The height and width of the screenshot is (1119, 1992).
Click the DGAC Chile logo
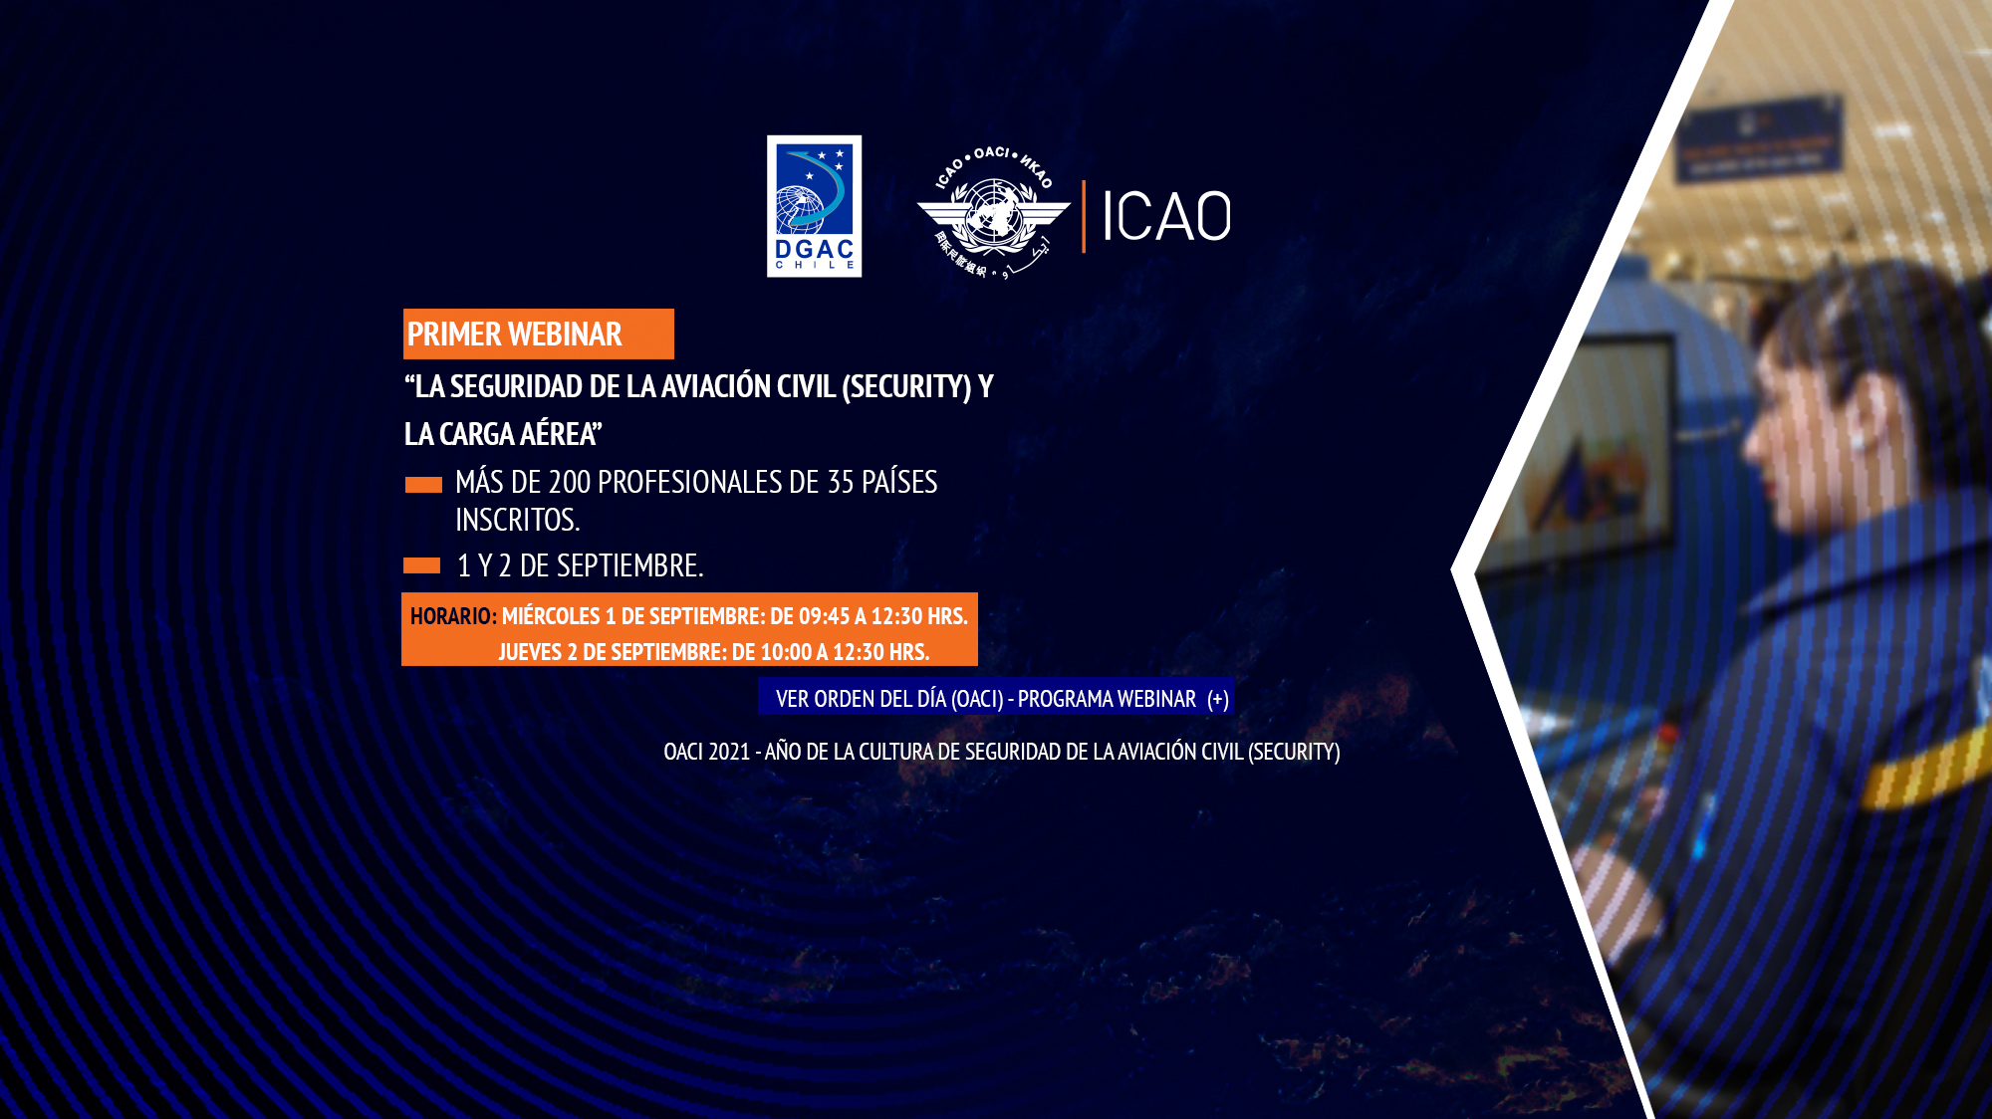(x=814, y=206)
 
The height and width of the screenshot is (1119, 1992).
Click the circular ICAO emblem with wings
(x=993, y=213)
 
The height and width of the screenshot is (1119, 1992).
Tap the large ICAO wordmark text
(x=1166, y=216)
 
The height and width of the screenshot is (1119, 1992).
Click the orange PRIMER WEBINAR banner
(x=539, y=334)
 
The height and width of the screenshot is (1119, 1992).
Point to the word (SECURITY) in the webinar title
(x=906, y=386)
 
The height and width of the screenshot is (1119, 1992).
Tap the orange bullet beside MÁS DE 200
(x=423, y=485)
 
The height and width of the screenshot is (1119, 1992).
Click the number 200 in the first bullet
(x=570, y=482)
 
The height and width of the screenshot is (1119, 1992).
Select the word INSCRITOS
(x=517, y=520)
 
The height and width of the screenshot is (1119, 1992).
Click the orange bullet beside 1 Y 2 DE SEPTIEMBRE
(x=422, y=565)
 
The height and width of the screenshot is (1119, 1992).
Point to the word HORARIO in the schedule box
(x=450, y=616)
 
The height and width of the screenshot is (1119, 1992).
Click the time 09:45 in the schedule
(x=825, y=616)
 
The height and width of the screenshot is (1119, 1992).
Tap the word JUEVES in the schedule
(x=530, y=652)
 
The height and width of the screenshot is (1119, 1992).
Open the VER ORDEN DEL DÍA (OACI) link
(x=890, y=699)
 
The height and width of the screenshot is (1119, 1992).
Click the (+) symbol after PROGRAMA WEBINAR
(x=1218, y=699)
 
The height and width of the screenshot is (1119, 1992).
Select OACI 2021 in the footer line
(x=707, y=752)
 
